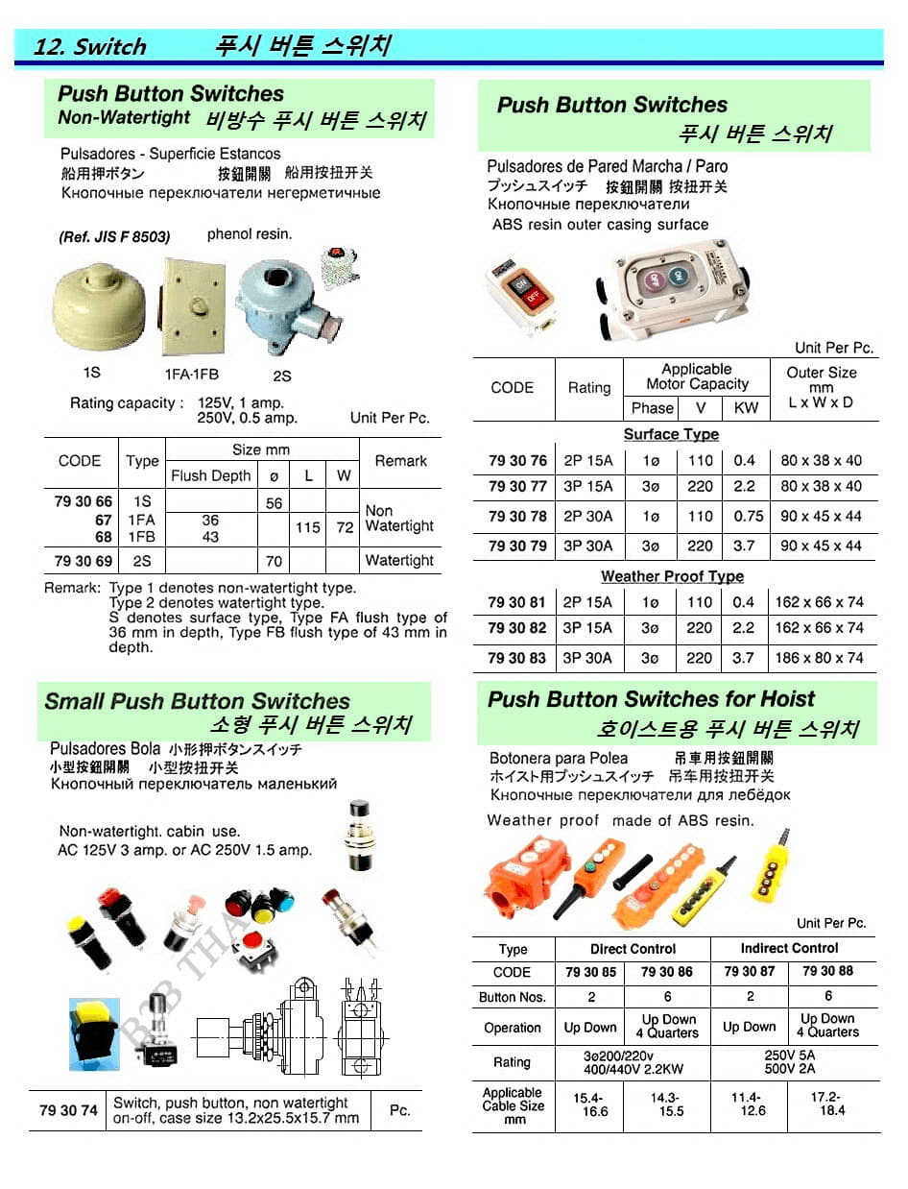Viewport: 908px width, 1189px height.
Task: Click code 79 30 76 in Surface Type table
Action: pyautogui.click(x=517, y=460)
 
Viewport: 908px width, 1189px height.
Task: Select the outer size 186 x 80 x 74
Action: pyautogui.click(x=821, y=658)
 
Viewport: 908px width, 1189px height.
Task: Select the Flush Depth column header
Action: pyautogui.click(x=210, y=475)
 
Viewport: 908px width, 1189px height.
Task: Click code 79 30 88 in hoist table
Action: pyautogui.click(x=827, y=971)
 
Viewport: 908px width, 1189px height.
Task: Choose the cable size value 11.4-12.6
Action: pyautogui.click(x=748, y=1104)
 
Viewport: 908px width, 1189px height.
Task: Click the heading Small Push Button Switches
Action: pyautogui.click(x=197, y=701)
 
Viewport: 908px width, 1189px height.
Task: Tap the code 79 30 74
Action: pyautogui.click(x=68, y=1110)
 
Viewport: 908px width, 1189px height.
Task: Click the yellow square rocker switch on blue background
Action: pyautogui.click(x=93, y=1031)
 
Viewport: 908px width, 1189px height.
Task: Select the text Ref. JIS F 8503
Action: pyautogui.click(x=114, y=237)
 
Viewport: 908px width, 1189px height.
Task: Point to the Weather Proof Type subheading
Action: pyautogui.click(x=672, y=576)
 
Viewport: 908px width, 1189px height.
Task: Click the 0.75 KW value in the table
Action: pyautogui.click(x=748, y=516)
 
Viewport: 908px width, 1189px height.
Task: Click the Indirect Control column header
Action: pyautogui.click(x=789, y=948)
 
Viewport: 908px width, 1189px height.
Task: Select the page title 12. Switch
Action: pyautogui.click(x=89, y=46)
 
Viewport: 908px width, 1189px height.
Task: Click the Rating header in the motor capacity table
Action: pyautogui.click(x=588, y=388)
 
